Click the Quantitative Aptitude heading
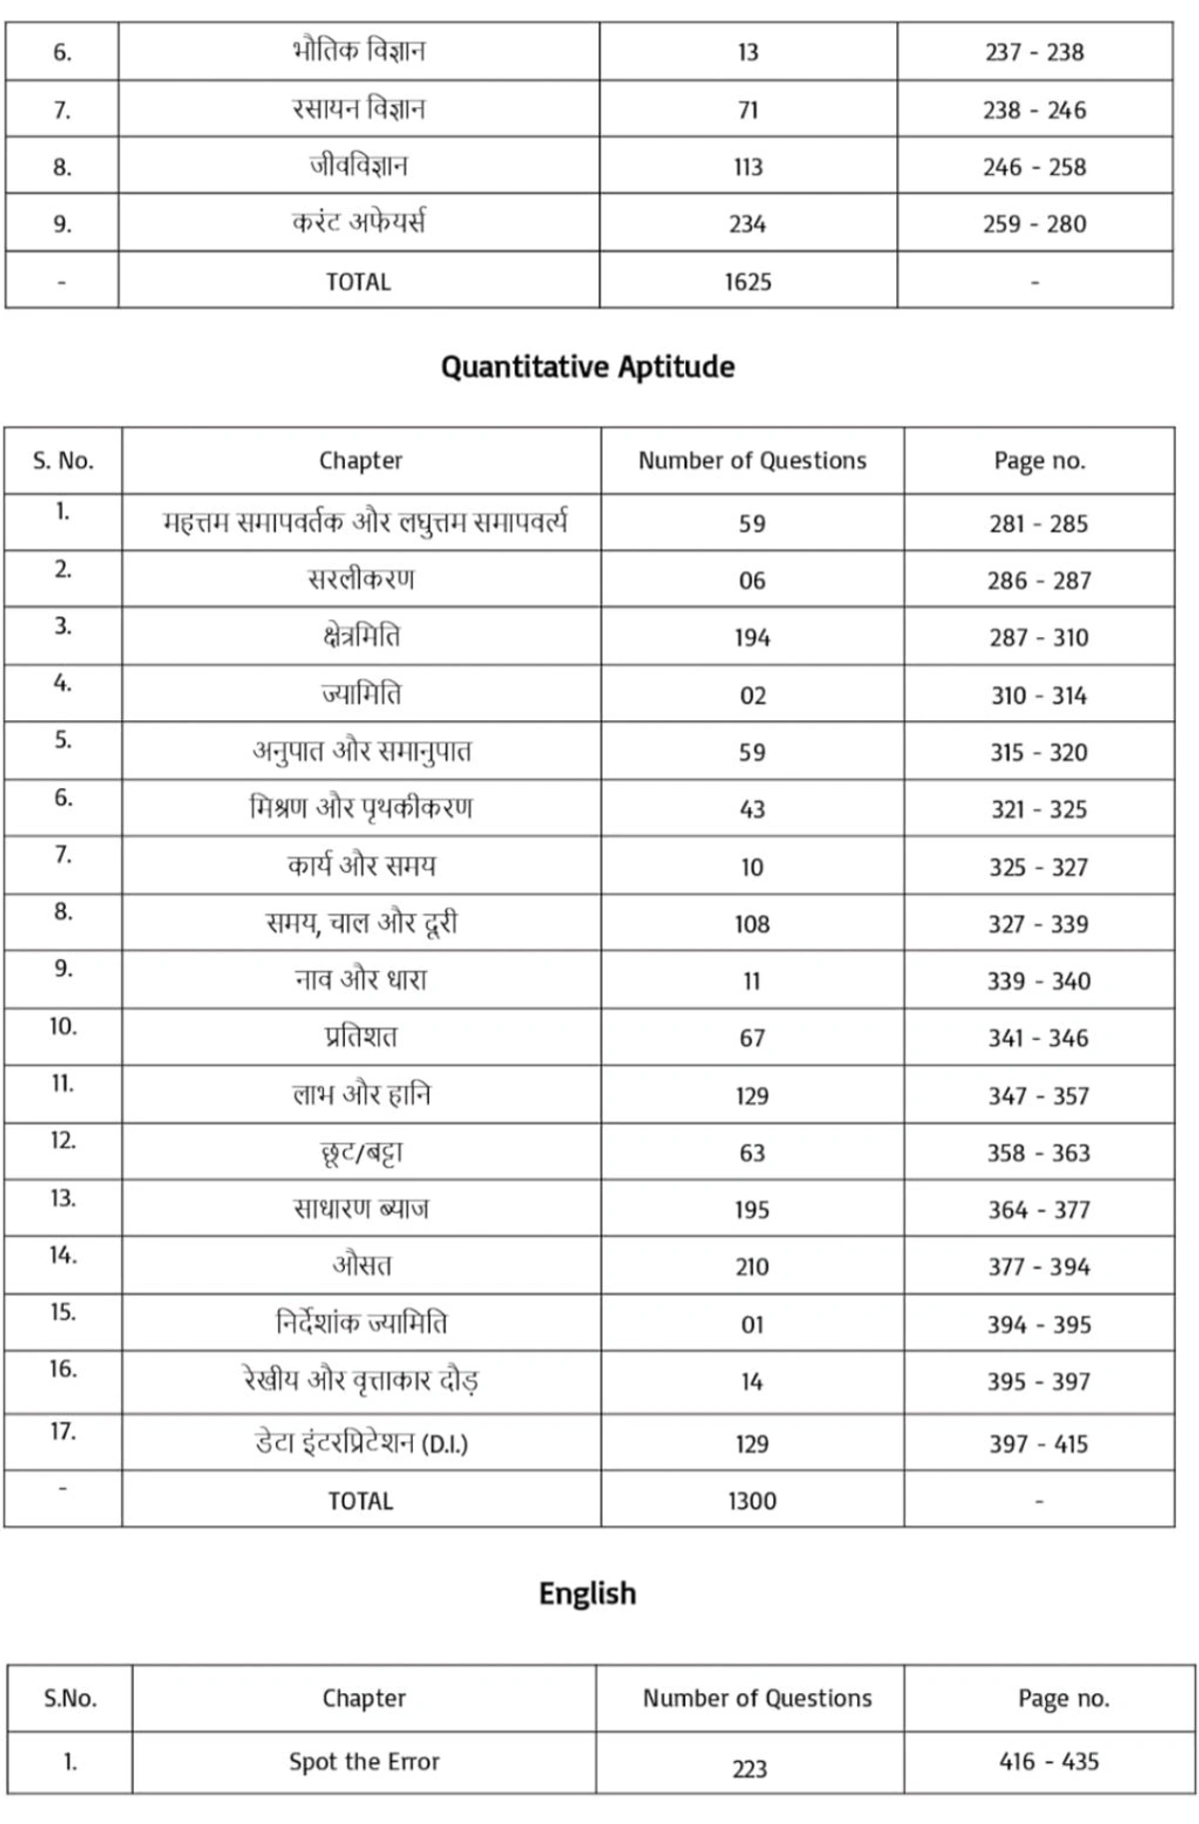point(588,368)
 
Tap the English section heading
point(588,1593)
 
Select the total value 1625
point(748,282)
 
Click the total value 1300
point(752,1500)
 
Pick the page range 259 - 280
point(1034,224)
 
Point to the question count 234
point(747,224)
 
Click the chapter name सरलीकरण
point(361,579)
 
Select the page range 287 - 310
point(1039,637)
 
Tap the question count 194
point(752,637)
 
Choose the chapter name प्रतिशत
point(361,1038)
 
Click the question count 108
point(752,924)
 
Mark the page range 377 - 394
point(1039,1267)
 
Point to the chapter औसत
point(362,1267)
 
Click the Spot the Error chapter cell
point(364,1761)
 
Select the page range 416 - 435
point(1049,1761)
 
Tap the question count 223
point(749,1768)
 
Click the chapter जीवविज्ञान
point(358,166)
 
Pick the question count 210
point(752,1267)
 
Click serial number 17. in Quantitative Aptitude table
point(63,1432)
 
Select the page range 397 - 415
point(1039,1443)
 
